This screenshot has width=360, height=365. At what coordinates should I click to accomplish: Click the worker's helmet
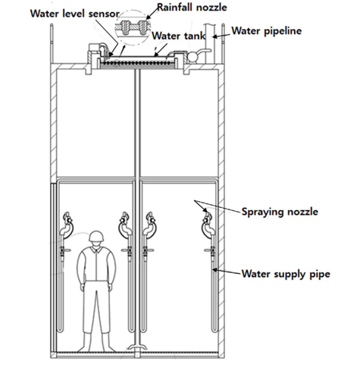tap(95, 235)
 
